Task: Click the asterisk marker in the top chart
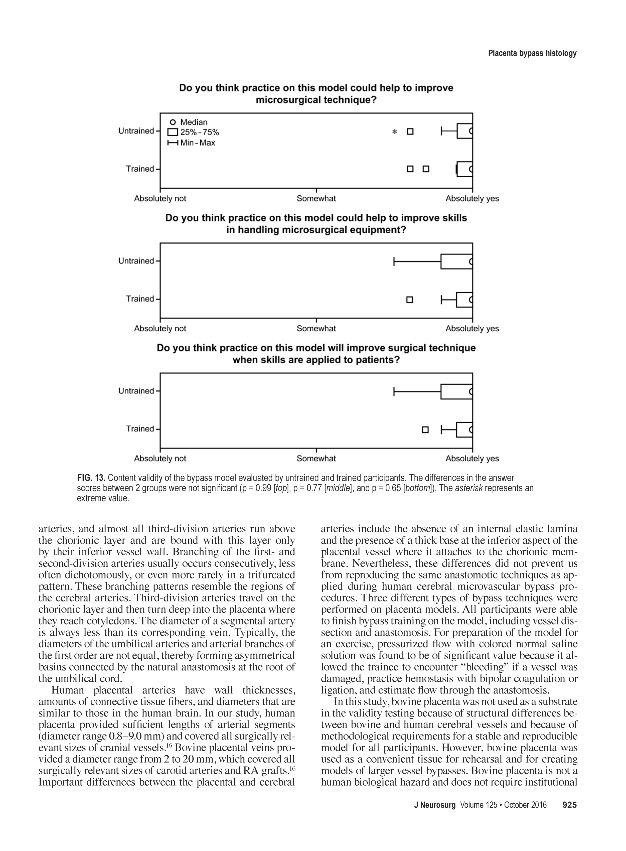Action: coord(394,132)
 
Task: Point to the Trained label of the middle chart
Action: coord(140,299)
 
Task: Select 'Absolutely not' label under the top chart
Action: coord(160,199)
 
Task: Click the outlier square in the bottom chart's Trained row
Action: coord(425,430)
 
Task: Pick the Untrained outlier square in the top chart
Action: coord(410,132)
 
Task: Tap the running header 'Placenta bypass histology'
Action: coord(532,53)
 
